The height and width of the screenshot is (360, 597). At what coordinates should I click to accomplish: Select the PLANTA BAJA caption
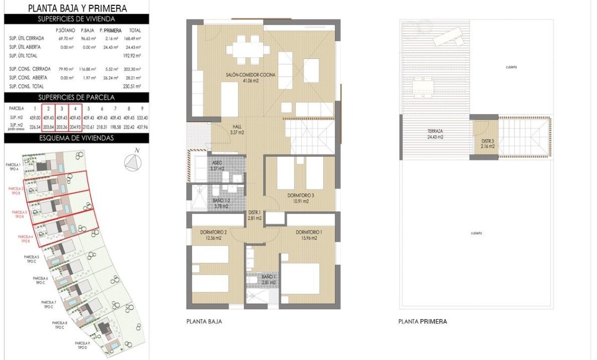pos(204,322)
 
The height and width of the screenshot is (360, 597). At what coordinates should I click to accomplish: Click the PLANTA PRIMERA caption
pos(422,322)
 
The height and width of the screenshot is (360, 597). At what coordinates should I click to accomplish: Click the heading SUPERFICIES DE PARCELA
pos(76,97)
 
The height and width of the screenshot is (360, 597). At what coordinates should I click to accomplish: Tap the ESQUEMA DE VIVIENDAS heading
pos(76,139)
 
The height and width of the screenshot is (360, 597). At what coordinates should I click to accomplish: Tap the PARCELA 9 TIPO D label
pos(82,345)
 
